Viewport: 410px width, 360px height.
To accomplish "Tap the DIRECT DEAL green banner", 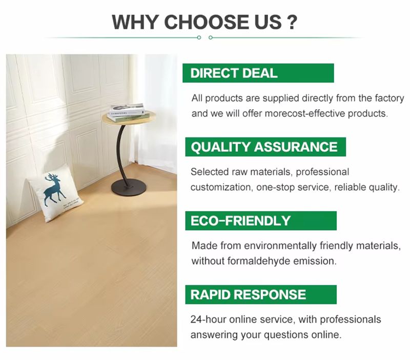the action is click(x=258, y=73).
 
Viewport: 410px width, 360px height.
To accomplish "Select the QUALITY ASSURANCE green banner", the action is click(x=265, y=147).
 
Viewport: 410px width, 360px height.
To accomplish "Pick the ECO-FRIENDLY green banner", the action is click(x=261, y=221).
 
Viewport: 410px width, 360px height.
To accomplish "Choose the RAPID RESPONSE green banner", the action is click(x=261, y=294).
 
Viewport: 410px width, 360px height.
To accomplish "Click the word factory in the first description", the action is click(x=389, y=98).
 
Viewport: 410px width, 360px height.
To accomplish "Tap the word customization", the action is click(x=222, y=187).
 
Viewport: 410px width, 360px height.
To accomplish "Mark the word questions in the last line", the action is click(x=286, y=335).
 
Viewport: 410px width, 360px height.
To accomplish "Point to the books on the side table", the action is click(x=127, y=112).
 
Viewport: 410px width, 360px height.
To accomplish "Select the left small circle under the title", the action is click(x=199, y=37).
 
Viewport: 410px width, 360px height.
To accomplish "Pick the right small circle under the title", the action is click(x=211, y=37).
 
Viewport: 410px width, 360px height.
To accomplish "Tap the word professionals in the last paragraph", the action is click(x=351, y=319).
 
